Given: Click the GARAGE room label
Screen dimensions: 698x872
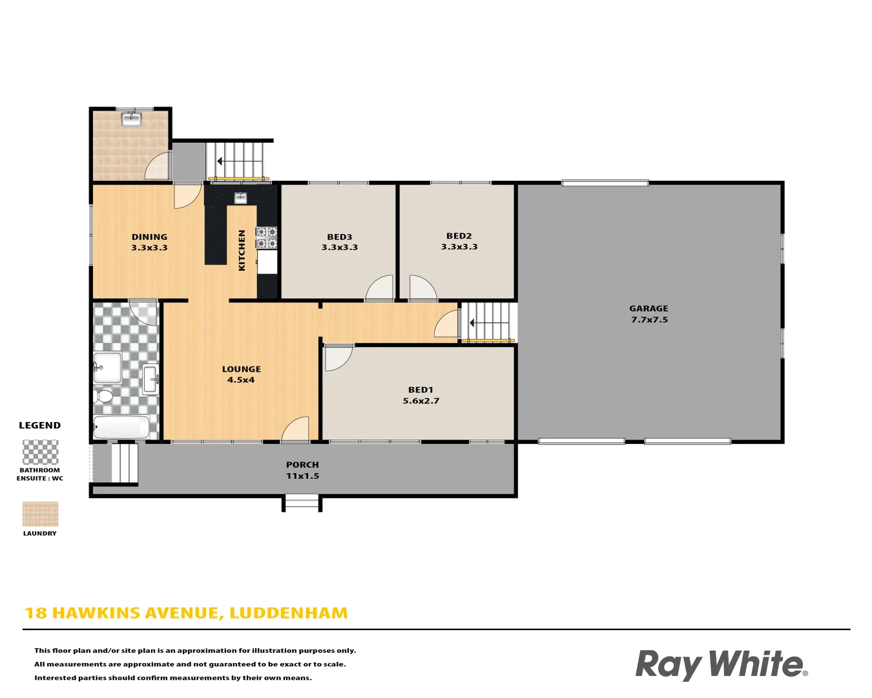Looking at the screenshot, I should (x=649, y=308).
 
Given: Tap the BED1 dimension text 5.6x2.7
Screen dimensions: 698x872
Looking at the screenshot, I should (x=420, y=401).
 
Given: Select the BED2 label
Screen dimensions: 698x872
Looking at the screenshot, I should (x=459, y=236).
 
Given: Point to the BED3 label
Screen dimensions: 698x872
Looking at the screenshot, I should (x=339, y=237).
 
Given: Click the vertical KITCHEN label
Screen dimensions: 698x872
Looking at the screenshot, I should (x=242, y=250).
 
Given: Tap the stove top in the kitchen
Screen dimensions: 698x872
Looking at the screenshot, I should (x=266, y=237).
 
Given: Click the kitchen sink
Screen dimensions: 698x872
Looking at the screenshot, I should (x=240, y=197).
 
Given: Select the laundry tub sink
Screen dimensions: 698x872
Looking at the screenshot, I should (x=131, y=118).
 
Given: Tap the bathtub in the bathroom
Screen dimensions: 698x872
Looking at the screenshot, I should (x=122, y=427).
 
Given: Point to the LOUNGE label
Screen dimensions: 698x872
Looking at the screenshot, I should (x=241, y=369).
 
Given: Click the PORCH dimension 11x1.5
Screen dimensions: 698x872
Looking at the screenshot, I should (x=302, y=476).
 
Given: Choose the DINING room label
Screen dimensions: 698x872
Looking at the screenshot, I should (x=149, y=237).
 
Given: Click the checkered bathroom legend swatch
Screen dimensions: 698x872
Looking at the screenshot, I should (x=40, y=452).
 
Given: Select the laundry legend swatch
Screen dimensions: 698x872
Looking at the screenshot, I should (x=40, y=514).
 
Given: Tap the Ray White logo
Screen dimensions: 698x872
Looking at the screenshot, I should (x=721, y=664).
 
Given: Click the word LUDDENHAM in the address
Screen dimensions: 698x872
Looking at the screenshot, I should (x=288, y=613).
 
